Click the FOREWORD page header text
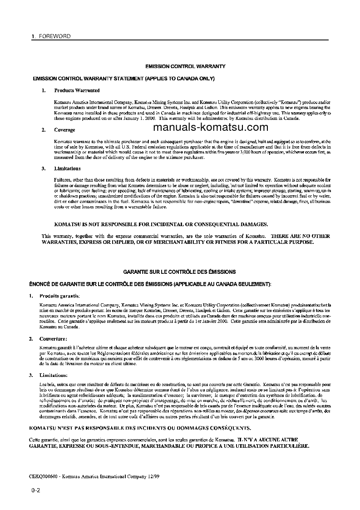click(54, 36)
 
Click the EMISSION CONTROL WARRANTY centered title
click(185, 66)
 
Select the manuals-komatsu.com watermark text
click(211, 127)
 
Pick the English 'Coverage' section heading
click(65, 130)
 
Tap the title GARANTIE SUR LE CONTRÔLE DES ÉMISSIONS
click(179, 272)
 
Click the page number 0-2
click(36, 491)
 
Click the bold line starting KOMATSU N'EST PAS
click(139, 428)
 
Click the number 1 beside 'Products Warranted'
click(44, 91)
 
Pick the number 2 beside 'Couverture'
click(30, 339)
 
